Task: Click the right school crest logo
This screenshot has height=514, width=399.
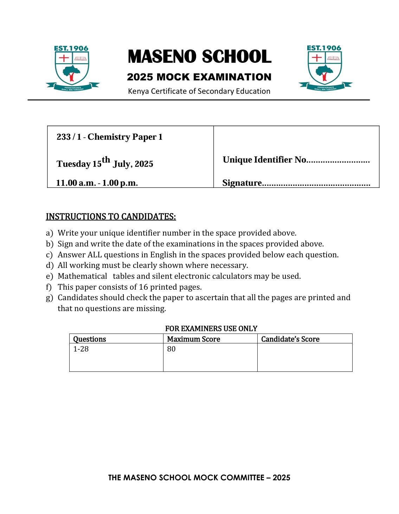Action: click(325, 68)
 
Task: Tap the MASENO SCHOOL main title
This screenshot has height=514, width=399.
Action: click(199, 57)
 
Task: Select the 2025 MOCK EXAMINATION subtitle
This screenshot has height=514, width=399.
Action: click(199, 77)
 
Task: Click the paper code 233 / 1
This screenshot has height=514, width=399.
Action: click(69, 137)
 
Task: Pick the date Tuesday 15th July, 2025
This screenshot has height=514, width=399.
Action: click(105, 163)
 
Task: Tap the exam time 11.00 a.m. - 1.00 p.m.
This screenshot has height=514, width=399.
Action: click(97, 183)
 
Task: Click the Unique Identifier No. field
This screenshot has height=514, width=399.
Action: click(337, 161)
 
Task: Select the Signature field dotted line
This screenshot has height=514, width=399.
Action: click(316, 184)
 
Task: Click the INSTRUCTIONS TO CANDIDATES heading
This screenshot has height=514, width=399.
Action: click(111, 216)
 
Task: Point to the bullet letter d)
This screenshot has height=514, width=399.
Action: click(49, 265)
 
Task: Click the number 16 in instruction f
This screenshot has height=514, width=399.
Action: click(143, 287)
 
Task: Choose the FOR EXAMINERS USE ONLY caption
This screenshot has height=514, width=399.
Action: click(211, 329)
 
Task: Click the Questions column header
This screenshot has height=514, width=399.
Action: click(89, 339)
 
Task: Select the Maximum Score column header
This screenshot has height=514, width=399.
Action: click(193, 339)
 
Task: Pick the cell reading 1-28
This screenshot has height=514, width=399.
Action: click(81, 349)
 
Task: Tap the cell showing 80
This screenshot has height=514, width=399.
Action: click(171, 349)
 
